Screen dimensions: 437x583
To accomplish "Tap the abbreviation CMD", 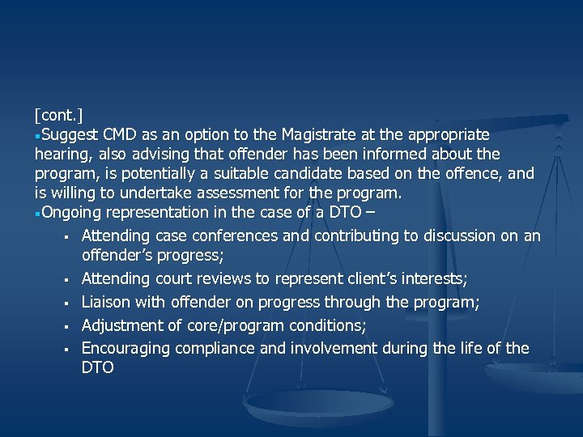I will [126, 134].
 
